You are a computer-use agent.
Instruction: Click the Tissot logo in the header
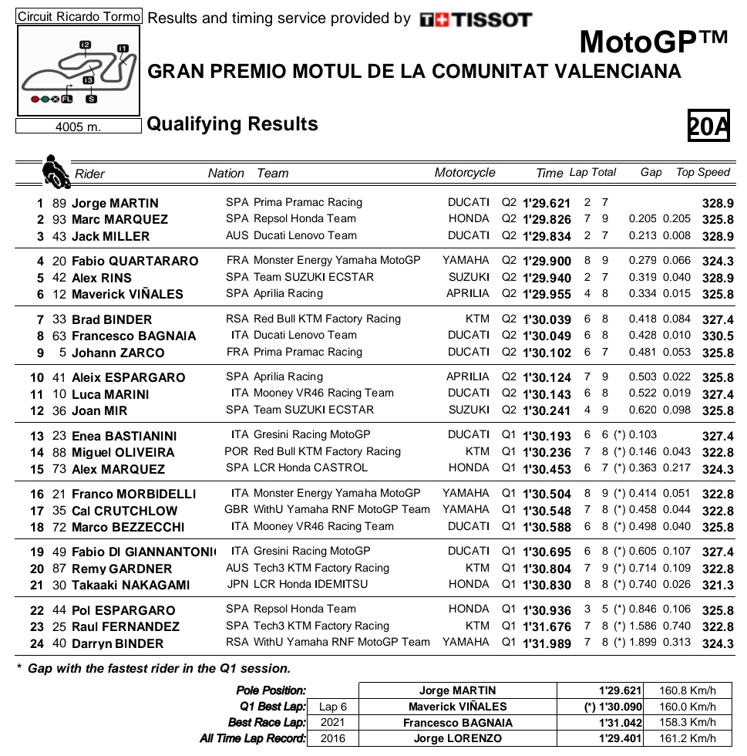click(x=476, y=20)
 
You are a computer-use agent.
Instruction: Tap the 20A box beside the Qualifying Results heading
click(x=708, y=126)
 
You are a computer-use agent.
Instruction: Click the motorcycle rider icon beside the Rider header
click(x=55, y=171)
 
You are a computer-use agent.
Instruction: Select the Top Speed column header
click(x=702, y=173)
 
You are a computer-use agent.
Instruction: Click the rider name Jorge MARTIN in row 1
click(x=115, y=204)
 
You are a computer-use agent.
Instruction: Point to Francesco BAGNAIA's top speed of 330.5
click(x=718, y=336)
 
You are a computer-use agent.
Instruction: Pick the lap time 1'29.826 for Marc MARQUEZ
click(x=547, y=220)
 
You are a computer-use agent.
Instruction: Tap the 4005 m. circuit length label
click(x=78, y=127)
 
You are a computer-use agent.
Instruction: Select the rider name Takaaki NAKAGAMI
click(x=130, y=586)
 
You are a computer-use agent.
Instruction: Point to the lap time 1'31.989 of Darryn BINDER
click(x=547, y=643)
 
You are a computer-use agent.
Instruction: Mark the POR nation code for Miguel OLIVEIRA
click(x=237, y=452)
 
